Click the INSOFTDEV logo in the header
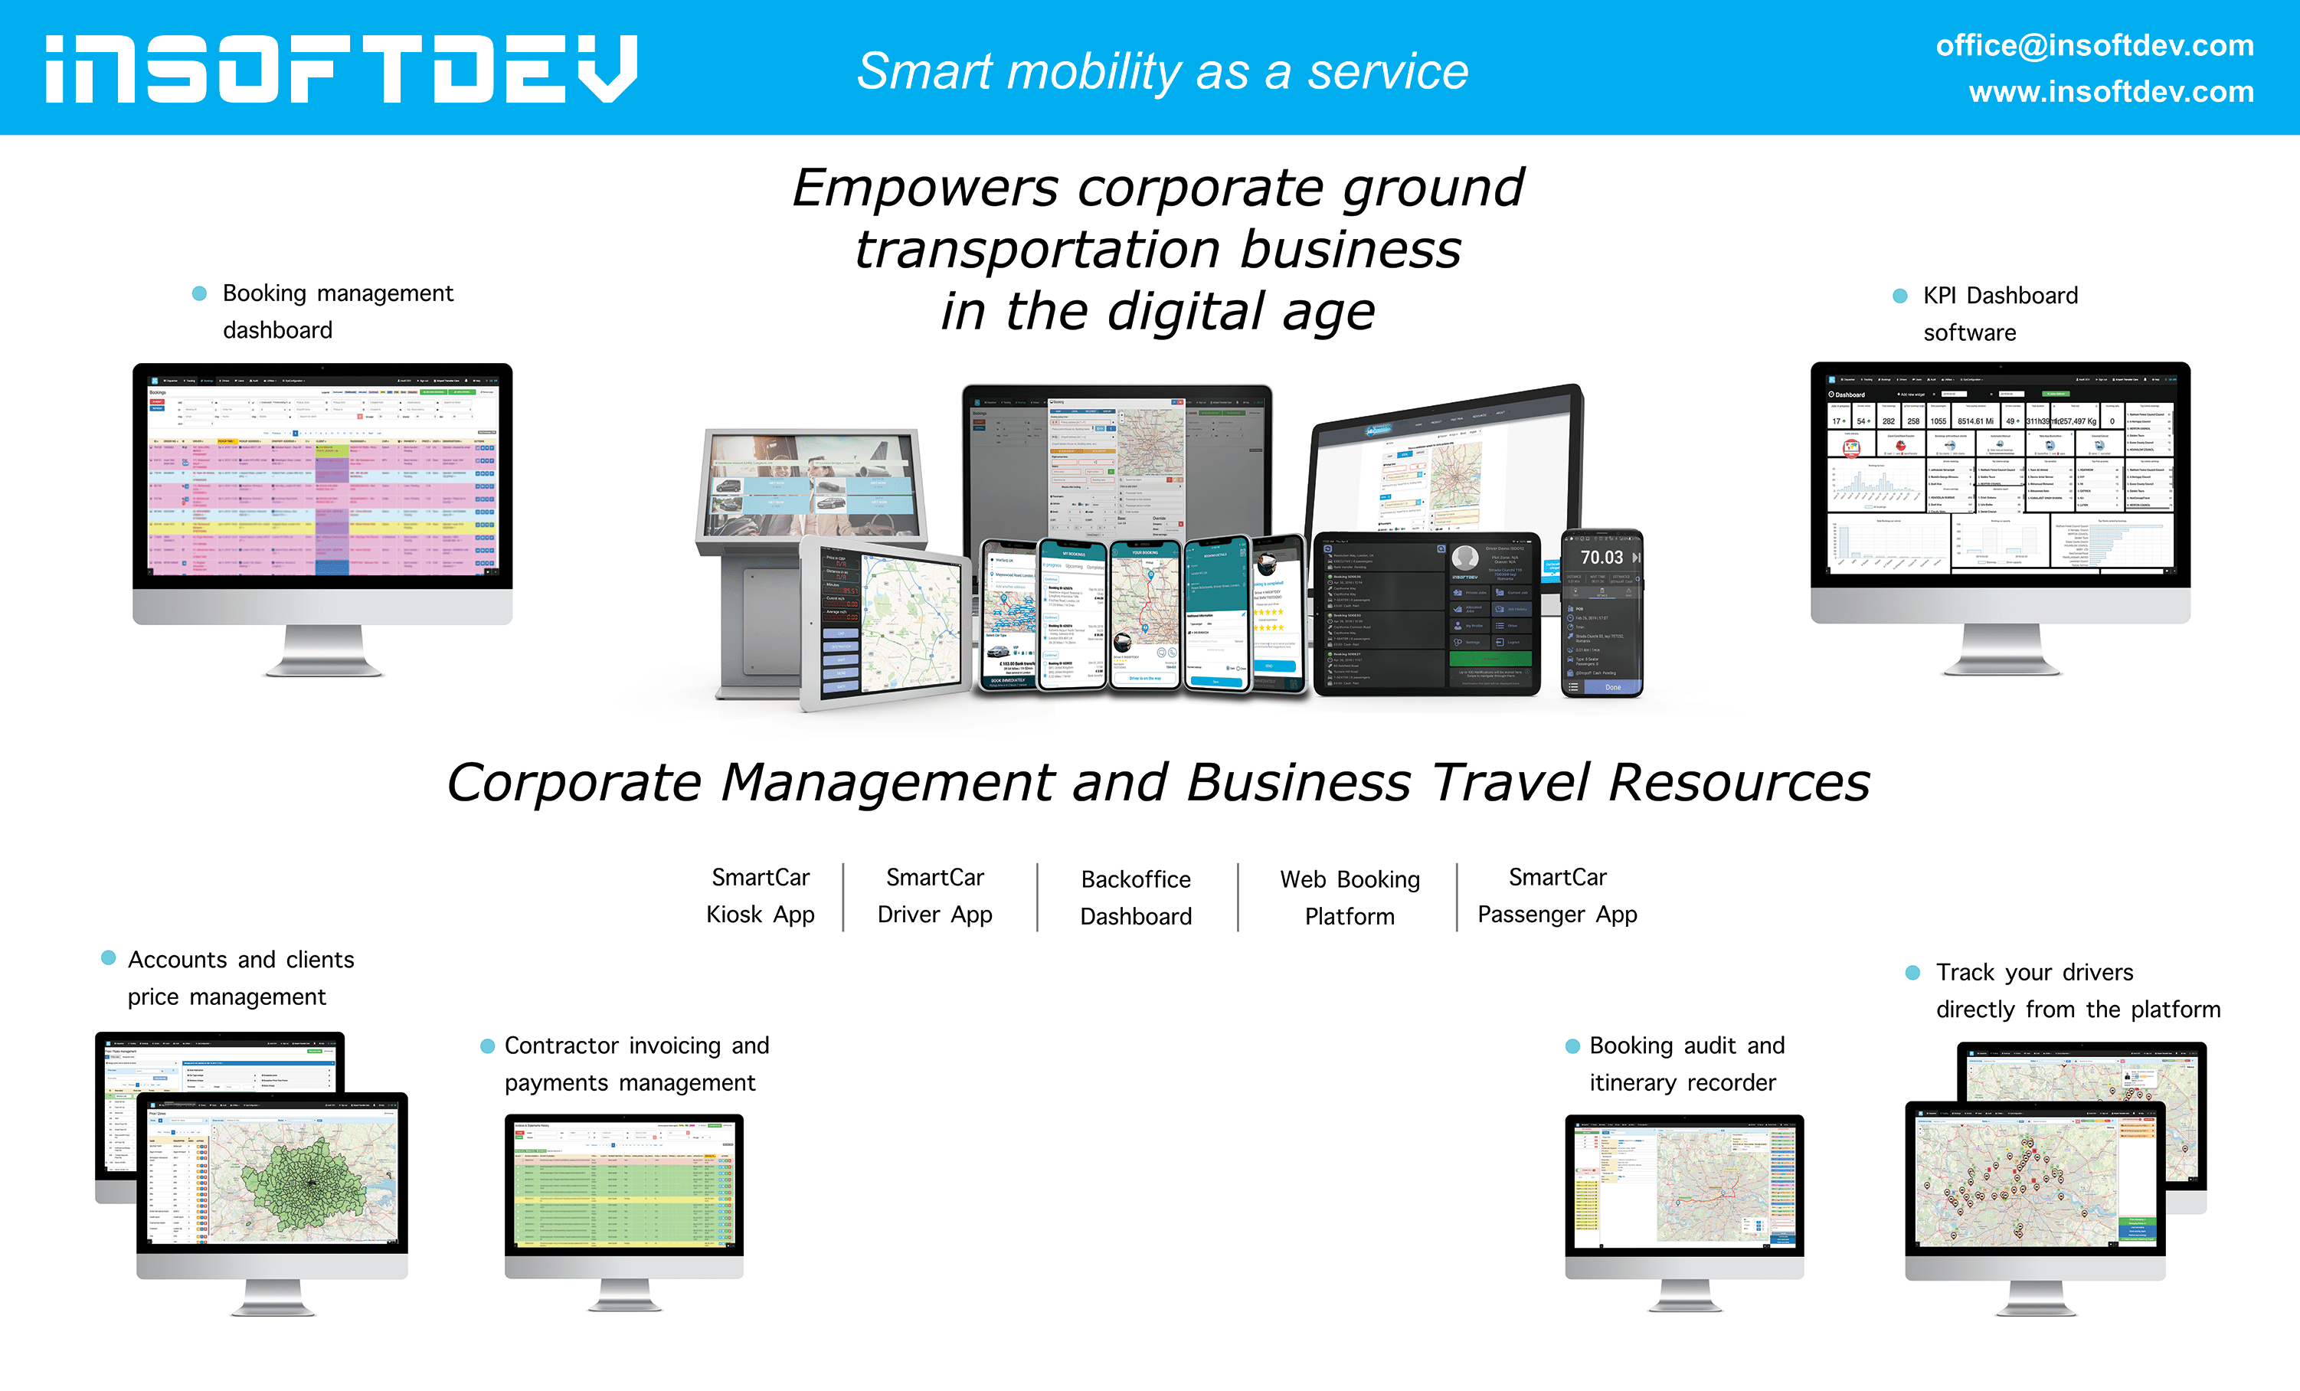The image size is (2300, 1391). pos(342,69)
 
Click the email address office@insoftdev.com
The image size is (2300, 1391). pos(2094,45)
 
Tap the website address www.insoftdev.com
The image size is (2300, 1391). pos(2111,91)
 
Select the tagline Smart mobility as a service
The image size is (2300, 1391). pos(1162,71)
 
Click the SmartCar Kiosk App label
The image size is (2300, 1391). pos(760,895)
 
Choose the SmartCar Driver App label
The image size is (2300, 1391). pos(934,895)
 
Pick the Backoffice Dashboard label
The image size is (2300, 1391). pos(1135,897)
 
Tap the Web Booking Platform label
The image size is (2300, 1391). pos(1349,897)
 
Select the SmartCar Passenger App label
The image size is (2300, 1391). pos(1557,895)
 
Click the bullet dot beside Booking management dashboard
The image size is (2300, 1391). pos(199,293)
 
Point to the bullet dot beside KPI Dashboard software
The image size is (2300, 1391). pos(1899,296)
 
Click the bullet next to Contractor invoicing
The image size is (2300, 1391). pos(486,1046)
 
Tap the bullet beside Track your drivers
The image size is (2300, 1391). pos(1912,973)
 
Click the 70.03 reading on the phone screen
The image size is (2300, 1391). pos(1601,558)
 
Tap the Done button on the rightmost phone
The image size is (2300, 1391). pos(1612,687)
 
